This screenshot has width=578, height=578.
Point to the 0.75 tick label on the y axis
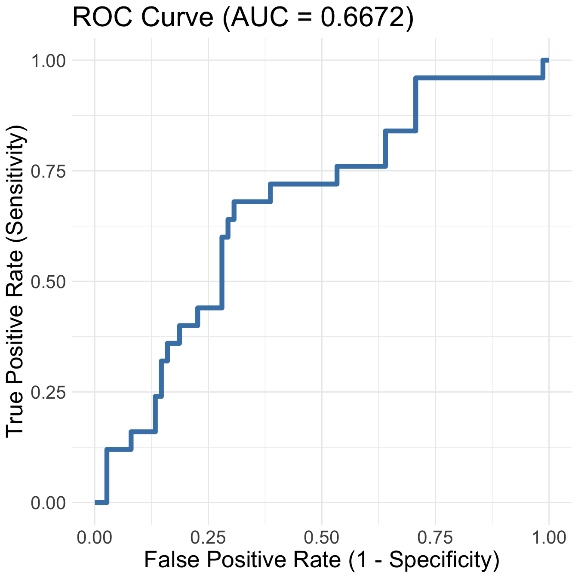pyautogui.click(x=48, y=172)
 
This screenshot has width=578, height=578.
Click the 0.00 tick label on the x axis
pyautogui.click(x=95, y=537)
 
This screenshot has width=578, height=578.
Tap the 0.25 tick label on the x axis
pyautogui.click(x=208, y=537)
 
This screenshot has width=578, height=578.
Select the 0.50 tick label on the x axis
pyautogui.click(x=322, y=537)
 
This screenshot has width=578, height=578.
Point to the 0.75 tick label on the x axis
pyautogui.click(x=435, y=537)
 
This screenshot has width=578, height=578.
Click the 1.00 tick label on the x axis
pyautogui.click(x=549, y=537)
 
